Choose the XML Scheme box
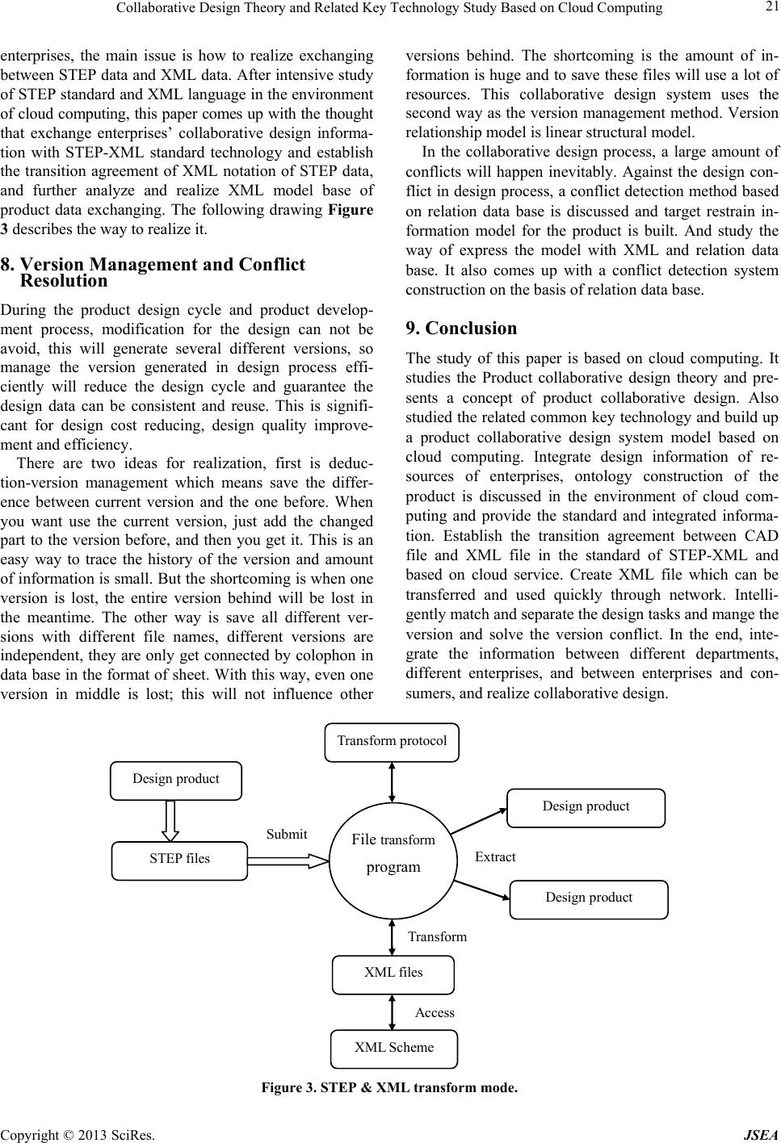pos(393,1049)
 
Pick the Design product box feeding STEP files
pos(176,780)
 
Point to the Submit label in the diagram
pos(287,835)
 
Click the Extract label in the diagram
pos(495,857)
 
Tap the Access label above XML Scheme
pos(435,1013)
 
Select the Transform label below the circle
pos(437,937)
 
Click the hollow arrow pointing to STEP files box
pos(170,820)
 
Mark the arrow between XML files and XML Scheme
pos(392,1012)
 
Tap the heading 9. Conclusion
pos(461,329)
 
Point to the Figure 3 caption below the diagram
pos(389,1088)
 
